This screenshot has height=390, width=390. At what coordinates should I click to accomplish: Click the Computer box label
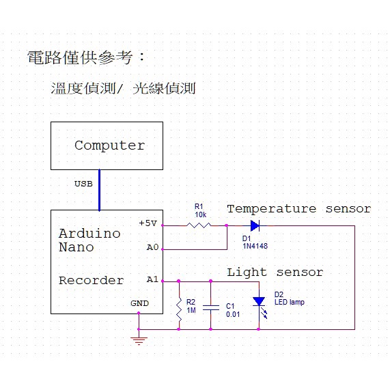click(109, 145)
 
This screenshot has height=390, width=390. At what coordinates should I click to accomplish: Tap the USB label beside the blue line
click(83, 184)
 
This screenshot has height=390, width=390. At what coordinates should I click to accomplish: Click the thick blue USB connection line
click(99, 190)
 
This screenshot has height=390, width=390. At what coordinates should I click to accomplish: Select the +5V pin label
click(148, 223)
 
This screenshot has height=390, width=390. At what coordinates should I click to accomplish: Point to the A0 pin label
click(152, 247)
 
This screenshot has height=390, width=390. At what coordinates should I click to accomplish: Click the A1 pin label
click(152, 279)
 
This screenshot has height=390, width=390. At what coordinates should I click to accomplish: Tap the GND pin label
click(140, 303)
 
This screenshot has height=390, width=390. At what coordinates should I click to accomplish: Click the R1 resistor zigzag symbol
click(199, 225)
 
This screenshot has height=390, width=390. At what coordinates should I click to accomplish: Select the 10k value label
click(201, 214)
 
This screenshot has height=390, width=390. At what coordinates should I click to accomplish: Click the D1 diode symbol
click(255, 225)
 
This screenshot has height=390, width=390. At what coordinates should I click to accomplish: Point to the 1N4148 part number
click(255, 247)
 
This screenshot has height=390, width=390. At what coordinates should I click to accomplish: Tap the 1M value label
click(191, 310)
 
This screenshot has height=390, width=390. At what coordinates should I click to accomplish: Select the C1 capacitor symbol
click(210, 307)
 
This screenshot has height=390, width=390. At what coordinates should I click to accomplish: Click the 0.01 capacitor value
click(233, 314)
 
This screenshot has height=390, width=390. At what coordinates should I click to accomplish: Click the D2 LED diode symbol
click(259, 301)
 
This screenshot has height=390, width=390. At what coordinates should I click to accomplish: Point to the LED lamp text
click(290, 302)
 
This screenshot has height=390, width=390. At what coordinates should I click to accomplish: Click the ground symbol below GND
click(139, 341)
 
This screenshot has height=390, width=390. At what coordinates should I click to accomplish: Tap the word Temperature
click(271, 209)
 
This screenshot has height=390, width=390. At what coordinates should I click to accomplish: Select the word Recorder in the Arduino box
click(92, 281)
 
